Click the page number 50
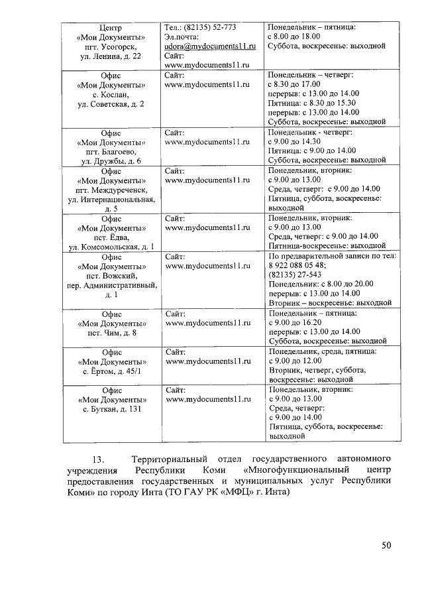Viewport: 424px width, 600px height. point(387,546)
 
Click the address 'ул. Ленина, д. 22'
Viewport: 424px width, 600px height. point(110,58)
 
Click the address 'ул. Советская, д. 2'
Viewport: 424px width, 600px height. point(110,105)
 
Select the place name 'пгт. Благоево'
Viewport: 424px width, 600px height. point(110,152)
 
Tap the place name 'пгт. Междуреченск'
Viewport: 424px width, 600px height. point(110,190)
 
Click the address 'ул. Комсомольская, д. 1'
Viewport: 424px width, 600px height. point(110,247)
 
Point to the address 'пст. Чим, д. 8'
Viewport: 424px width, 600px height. point(110,332)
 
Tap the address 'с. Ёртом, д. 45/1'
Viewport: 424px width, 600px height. point(110,371)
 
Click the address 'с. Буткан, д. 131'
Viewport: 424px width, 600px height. point(110,409)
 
